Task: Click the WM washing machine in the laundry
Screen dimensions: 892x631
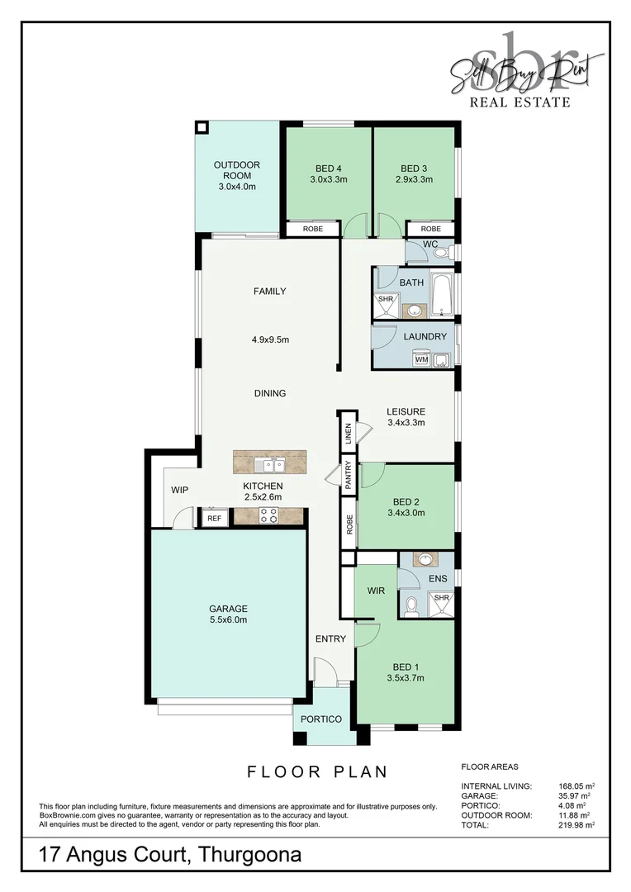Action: [x=421, y=359]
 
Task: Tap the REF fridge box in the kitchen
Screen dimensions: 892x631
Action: [x=215, y=518]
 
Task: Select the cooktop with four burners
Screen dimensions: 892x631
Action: [x=269, y=516]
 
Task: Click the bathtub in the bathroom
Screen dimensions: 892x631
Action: [x=443, y=295]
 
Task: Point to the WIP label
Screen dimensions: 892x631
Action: [x=180, y=491]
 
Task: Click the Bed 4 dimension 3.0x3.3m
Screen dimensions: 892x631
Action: [x=328, y=178]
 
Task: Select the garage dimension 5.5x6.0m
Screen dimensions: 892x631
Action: [x=228, y=619]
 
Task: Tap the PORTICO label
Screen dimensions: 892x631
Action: [x=321, y=719]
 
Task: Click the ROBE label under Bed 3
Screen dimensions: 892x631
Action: [x=430, y=229]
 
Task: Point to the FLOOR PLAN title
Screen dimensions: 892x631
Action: [x=317, y=772]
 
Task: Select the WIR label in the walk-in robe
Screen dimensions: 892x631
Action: [x=377, y=591]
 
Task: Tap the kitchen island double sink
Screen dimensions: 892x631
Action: [x=269, y=462]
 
